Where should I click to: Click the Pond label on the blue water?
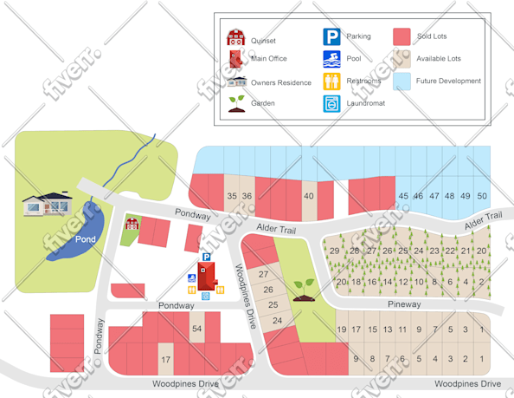tap(85, 238)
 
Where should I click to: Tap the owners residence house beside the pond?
tap(48, 205)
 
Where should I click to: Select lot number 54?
tap(196, 329)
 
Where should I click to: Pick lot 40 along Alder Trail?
tap(308, 197)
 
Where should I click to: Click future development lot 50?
tap(482, 197)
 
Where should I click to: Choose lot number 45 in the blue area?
tap(403, 197)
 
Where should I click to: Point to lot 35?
tap(231, 197)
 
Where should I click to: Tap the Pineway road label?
tap(404, 304)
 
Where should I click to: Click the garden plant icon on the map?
tap(304, 287)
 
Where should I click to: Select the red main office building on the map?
tap(207, 276)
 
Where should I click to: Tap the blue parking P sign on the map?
tap(207, 257)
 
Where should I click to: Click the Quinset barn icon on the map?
tap(132, 224)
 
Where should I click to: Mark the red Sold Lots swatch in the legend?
tap(402, 36)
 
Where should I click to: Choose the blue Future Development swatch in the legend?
tap(402, 82)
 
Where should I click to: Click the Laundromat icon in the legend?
tap(331, 103)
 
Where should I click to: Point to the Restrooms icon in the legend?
tap(331, 82)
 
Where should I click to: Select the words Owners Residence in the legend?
tap(280, 82)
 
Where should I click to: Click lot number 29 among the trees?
tap(335, 251)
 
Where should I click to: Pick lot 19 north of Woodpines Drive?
tap(342, 329)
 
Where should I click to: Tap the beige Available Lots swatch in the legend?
tap(402, 59)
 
